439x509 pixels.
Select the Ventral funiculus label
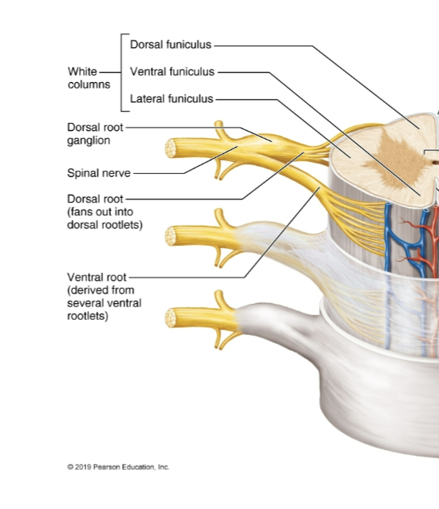(x=172, y=72)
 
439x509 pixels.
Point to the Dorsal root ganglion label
(x=94, y=133)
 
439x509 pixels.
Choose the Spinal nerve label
(x=97, y=172)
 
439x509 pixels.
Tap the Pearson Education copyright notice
(x=118, y=467)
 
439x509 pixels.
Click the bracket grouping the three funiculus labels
(x=120, y=72)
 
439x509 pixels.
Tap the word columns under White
(x=89, y=85)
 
